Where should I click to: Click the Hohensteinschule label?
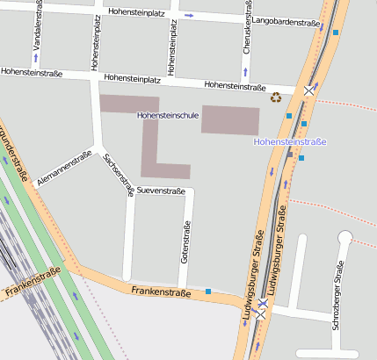pyautogui.click(x=167, y=116)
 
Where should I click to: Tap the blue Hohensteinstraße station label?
pyautogui.click(x=290, y=141)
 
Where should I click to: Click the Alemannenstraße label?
pyautogui.click(x=65, y=170)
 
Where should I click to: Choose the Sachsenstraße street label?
pyautogui.click(x=119, y=175)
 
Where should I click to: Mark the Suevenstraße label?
pyautogui.click(x=160, y=191)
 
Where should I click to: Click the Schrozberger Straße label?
pyautogui.click(x=337, y=295)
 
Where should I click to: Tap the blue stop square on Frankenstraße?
pyautogui.click(x=208, y=291)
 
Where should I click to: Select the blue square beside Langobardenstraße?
pyautogui.click(x=335, y=32)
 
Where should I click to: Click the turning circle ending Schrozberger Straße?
pyautogui.click(x=344, y=236)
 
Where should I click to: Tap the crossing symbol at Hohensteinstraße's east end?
pyautogui.click(x=308, y=90)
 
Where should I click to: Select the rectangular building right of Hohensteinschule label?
pyautogui.click(x=230, y=119)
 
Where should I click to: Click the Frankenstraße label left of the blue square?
pyautogui.click(x=160, y=291)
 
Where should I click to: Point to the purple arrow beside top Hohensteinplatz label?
pyautogui.click(x=188, y=15)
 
